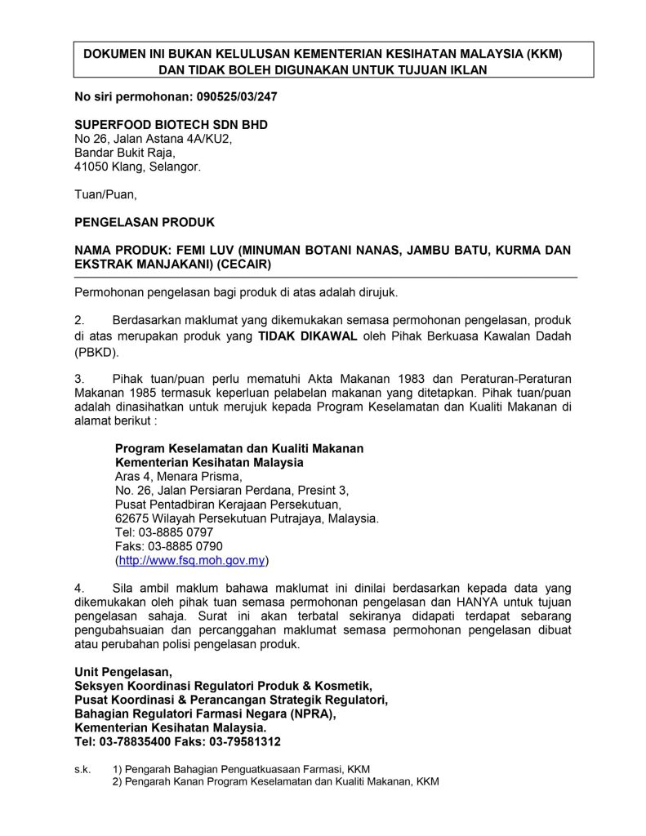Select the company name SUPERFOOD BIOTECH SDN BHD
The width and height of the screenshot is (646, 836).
click(x=171, y=124)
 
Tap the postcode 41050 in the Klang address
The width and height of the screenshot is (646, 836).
click(x=91, y=167)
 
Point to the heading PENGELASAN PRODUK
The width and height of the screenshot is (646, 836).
click(x=145, y=222)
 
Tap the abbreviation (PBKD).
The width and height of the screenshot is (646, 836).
click(x=96, y=352)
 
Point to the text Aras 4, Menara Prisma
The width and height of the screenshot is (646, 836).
click(x=179, y=476)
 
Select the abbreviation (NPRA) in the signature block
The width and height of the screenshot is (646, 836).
click(x=311, y=714)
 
